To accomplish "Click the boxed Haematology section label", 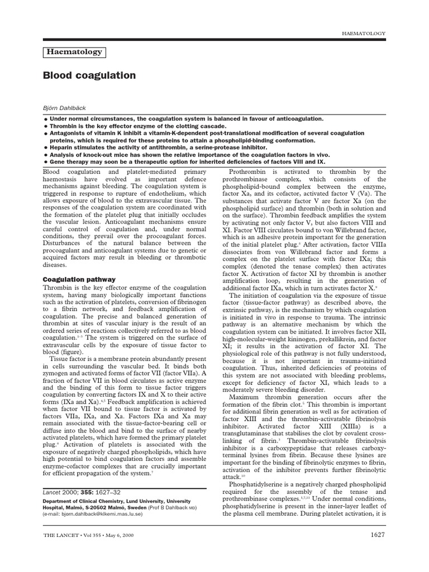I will pyautogui.click(x=74, y=52).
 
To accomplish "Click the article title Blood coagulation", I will pyautogui.click(x=89, y=75).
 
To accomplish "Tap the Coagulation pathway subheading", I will pyautogui.click(x=79, y=279).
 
